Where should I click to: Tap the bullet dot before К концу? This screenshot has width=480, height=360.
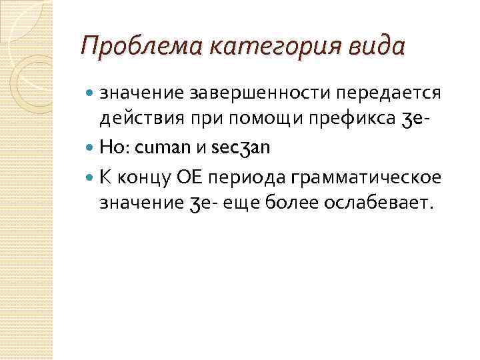[x=92, y=177]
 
